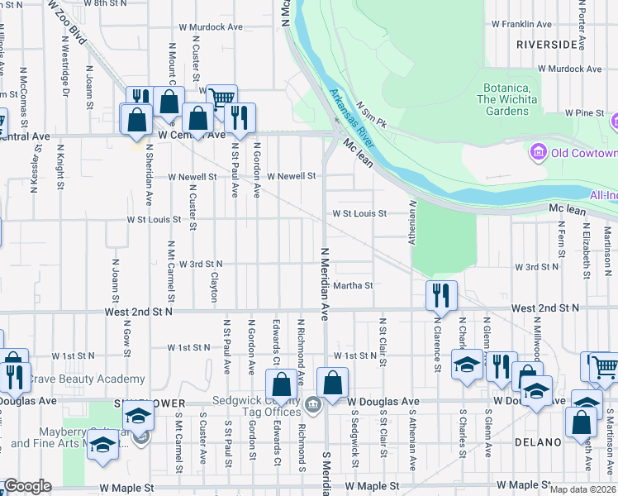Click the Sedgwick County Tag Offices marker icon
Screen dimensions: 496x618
coord(313,404)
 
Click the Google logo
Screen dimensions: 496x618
coord(27,486)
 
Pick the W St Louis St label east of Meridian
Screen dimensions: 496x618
coord(359,213)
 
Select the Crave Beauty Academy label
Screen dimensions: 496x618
coord(88,379)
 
